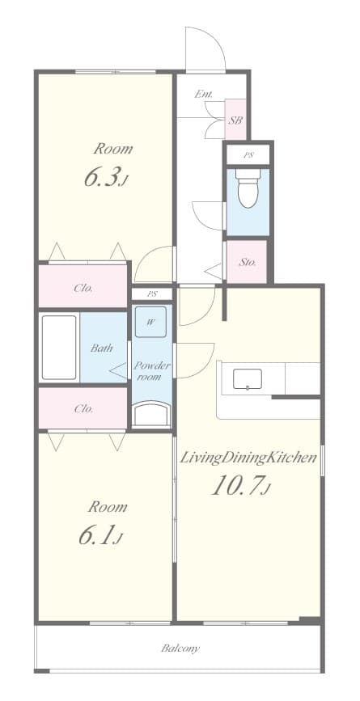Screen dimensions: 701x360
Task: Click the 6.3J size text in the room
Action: point(105,179)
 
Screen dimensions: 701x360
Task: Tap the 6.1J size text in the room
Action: point(100,536)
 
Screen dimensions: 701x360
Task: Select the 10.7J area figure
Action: point(241,486)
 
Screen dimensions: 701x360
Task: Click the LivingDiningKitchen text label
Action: point(248,458)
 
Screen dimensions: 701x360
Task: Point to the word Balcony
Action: point(180,648)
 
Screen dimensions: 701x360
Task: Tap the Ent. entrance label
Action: point(203,95)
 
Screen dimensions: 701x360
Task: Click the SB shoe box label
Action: point(235,120)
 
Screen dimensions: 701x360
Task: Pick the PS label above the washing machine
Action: point(151,294)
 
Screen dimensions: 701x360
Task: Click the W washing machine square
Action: point(151,322)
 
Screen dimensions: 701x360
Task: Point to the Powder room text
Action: point(151,370)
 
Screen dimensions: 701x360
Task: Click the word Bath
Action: point(101,348)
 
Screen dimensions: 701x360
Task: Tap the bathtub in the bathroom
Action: point(59,348)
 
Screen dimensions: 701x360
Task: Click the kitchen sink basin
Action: point(247,378)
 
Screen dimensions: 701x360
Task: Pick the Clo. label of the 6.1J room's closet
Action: point(82,408)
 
